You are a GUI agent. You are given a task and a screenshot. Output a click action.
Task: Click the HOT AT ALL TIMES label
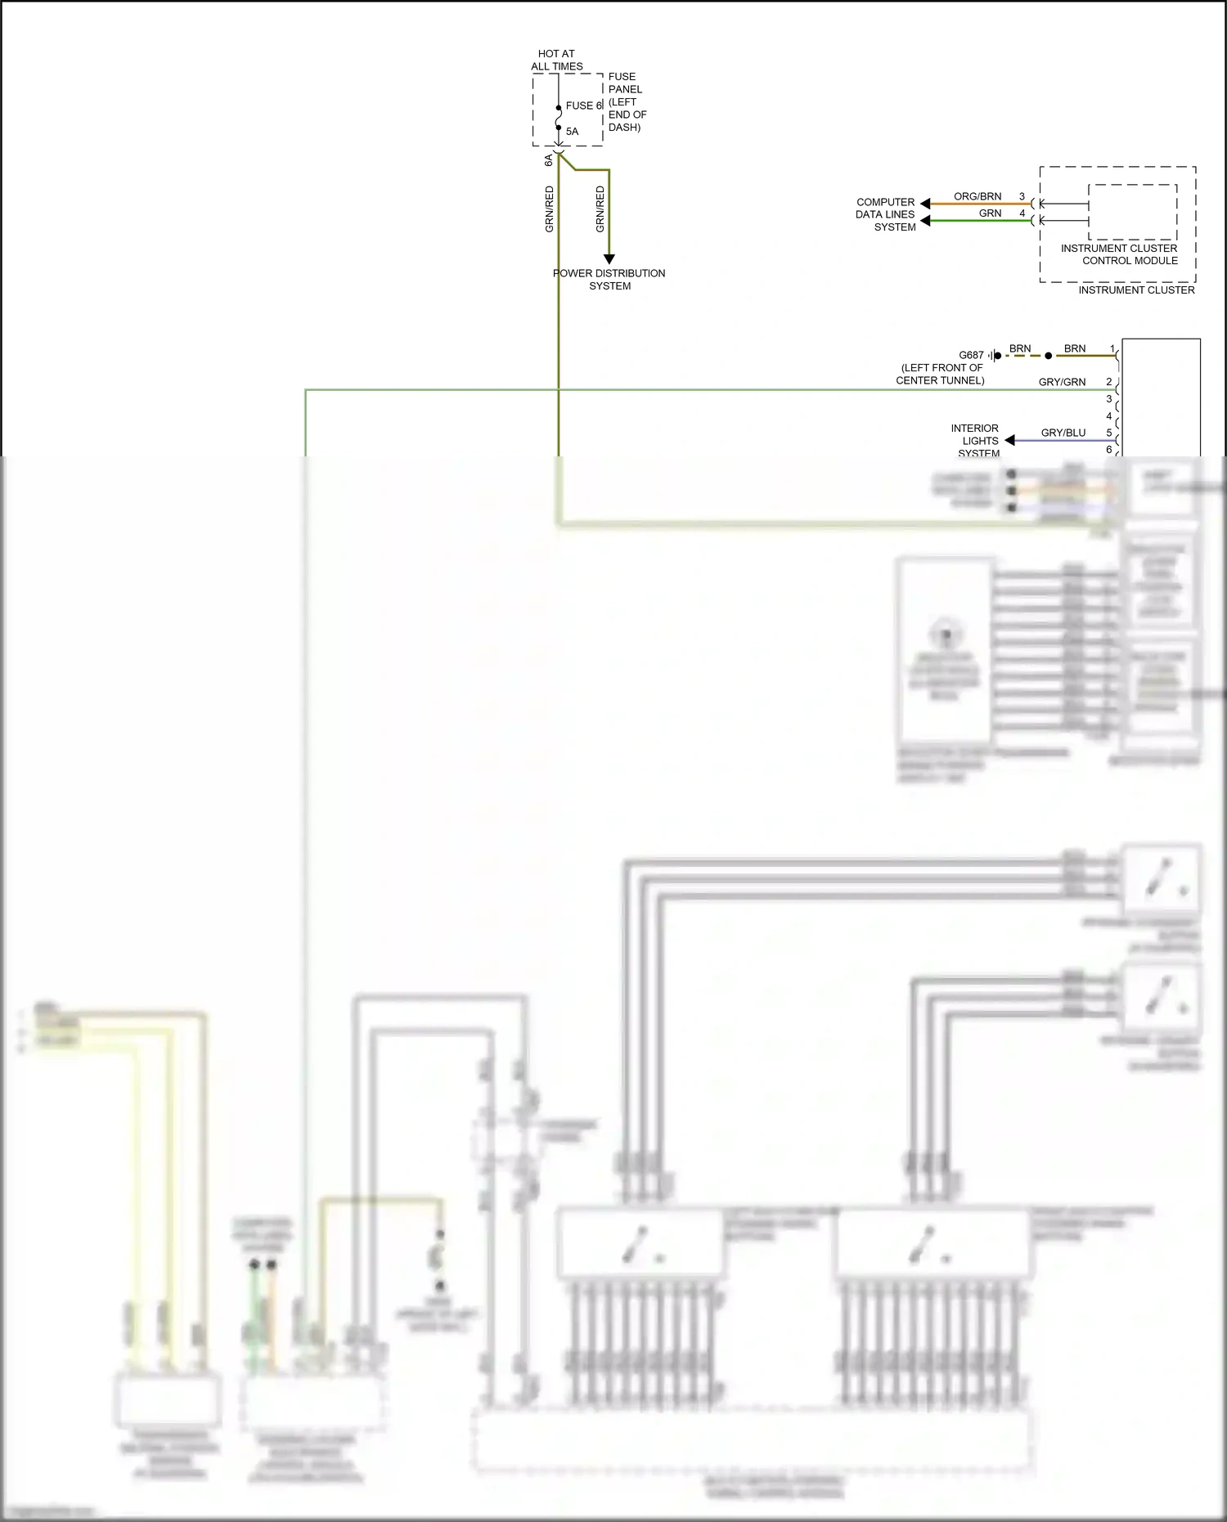(556, 60)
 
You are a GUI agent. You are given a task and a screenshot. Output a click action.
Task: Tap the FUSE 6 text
(583, 106)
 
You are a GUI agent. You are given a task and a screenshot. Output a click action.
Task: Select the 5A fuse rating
(572, 132)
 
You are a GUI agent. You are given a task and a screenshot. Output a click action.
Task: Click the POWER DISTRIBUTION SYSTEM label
(609, 280)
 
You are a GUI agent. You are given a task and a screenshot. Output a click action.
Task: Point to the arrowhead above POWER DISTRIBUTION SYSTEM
(609, 259)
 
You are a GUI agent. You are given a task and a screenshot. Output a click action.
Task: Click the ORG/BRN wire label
(978, 196)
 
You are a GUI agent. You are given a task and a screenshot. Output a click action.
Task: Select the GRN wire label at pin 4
(990, 213)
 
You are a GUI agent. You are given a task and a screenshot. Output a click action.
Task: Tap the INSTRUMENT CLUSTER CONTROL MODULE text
(1119, 254)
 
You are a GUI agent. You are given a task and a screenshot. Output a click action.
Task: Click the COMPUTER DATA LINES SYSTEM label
(886, 214)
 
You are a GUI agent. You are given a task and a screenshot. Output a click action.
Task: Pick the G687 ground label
(971, 355)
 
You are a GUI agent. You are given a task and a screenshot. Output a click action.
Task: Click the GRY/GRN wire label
(1062, 382)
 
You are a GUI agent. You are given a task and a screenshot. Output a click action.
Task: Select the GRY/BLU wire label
(1063, 433)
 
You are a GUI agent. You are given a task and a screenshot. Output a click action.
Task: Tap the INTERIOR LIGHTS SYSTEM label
(975, 440)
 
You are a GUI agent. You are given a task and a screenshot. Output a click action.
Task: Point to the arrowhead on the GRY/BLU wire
(1009, 440)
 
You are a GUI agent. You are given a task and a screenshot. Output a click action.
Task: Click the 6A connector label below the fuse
(549, 160)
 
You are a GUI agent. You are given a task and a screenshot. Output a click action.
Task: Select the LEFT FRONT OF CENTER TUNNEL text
(941, 374)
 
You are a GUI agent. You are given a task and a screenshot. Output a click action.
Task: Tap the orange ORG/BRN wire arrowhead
(925, 204)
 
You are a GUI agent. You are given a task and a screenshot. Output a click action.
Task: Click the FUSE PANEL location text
(627, 101)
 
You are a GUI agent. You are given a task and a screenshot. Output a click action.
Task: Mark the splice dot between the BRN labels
(1049, 356)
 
